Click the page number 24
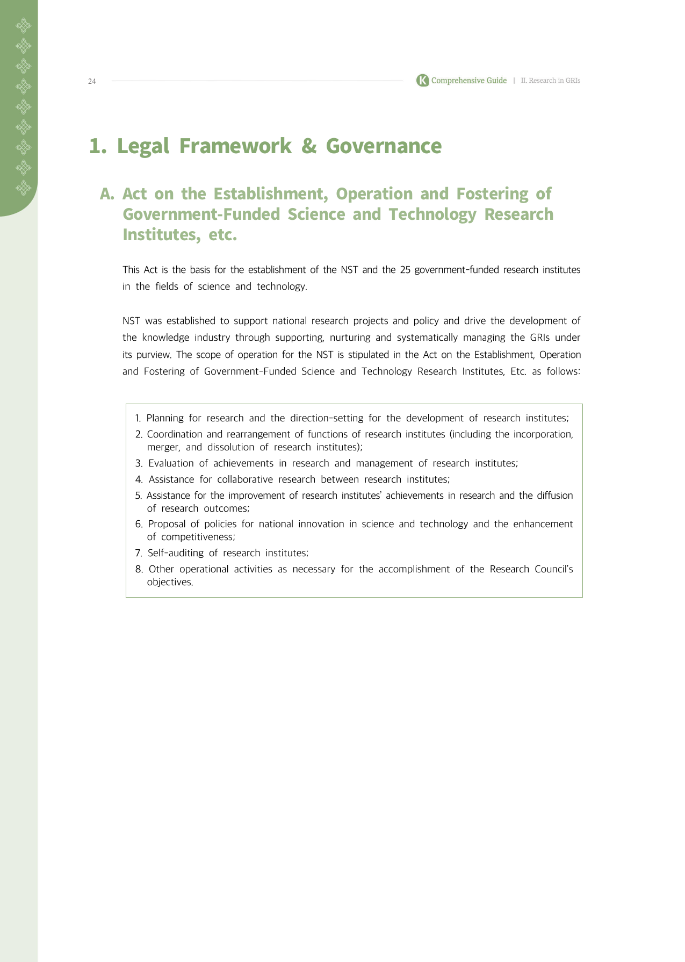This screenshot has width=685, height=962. (92, 81)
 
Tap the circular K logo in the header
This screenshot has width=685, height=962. (422, 81)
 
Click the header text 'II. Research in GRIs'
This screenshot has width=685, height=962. (551, 81)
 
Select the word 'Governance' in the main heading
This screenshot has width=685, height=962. (384, 146)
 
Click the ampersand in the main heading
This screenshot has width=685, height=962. (308, 146)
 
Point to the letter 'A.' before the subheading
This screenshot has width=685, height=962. (107, 194)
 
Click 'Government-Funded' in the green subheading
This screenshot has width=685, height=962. (201, 214)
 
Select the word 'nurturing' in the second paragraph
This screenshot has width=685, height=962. (350, 338)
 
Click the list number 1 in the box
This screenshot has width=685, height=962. (138, 418)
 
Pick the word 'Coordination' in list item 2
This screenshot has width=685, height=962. (174, 434)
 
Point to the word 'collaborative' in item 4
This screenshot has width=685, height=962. (244, 479)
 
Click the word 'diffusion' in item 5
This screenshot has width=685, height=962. (554, 496)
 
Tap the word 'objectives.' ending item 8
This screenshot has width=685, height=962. (170, 582)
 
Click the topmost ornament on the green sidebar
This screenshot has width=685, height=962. (23, 25)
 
